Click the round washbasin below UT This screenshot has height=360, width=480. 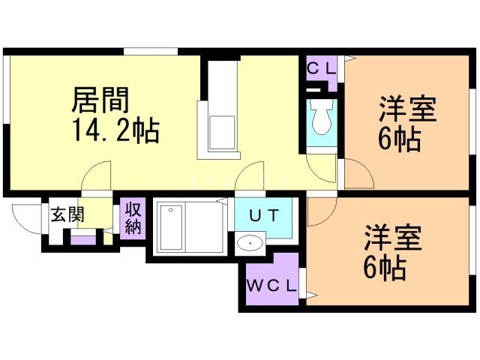pyautogui.click(x=250, y=243)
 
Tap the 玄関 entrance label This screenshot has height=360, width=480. pyautogui.click(x=67, y=215)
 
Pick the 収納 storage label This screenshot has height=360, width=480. pyautogui.click(x=133, y=217)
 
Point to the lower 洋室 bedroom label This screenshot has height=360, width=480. pyautogui.click(x=393, y=238)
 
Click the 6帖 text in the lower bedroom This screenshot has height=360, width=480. pyautogui.click(x=385, y=267)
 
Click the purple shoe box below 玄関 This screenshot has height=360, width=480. pyautogui.click(x=83, y=240)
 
